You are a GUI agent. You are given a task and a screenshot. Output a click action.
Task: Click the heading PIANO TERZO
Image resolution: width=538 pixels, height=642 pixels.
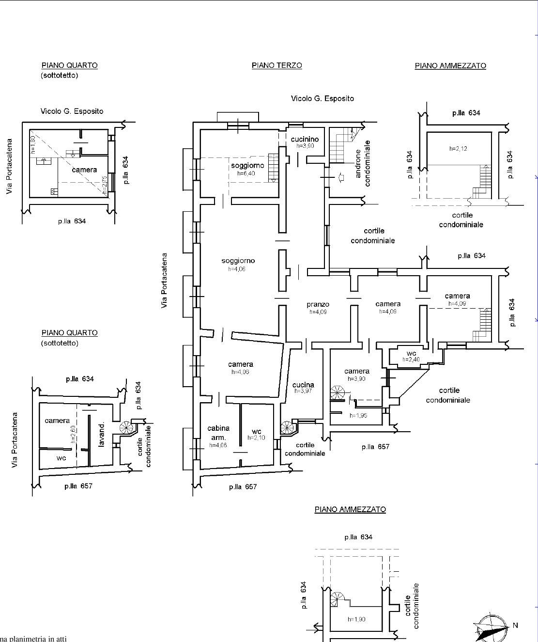(x=277, y=65)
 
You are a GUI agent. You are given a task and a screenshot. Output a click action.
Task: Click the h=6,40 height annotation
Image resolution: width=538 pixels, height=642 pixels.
(x=246, y=173)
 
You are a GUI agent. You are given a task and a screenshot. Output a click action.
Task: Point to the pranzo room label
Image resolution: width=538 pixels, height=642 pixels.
(x=318, y=305)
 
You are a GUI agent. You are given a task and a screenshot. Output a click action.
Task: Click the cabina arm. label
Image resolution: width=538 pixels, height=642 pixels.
(x=218, y=432)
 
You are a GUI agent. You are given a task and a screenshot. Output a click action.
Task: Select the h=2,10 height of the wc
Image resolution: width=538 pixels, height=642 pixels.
(x=256, y=438)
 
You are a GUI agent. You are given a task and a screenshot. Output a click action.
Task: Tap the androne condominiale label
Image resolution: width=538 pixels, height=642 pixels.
(x=363, y=163)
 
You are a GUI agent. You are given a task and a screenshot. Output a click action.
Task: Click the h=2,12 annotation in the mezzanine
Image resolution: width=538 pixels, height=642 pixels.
(x=458, y=149)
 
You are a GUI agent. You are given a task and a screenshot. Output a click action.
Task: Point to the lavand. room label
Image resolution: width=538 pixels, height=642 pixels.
(x=102, y=435)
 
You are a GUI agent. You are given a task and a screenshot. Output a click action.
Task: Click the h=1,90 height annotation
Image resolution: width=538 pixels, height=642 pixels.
(x=356, y=619)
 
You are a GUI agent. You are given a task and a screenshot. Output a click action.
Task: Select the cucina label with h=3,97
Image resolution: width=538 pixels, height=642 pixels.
(x=303, y=385)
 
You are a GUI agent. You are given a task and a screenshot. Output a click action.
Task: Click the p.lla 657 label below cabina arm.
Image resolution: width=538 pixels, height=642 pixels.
(x=243, y=486)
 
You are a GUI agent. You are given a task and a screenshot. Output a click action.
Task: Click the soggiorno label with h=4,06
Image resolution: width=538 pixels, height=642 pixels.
(x=238, y=261)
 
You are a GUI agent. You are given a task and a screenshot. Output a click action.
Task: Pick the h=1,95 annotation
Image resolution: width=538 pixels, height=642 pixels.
(x=358, y=415)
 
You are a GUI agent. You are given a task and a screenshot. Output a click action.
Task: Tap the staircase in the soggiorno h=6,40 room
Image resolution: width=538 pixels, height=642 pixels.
(x=273, y=167)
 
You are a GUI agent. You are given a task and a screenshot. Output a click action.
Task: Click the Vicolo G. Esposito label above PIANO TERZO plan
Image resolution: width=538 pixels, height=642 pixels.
(x=322, y=98)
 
